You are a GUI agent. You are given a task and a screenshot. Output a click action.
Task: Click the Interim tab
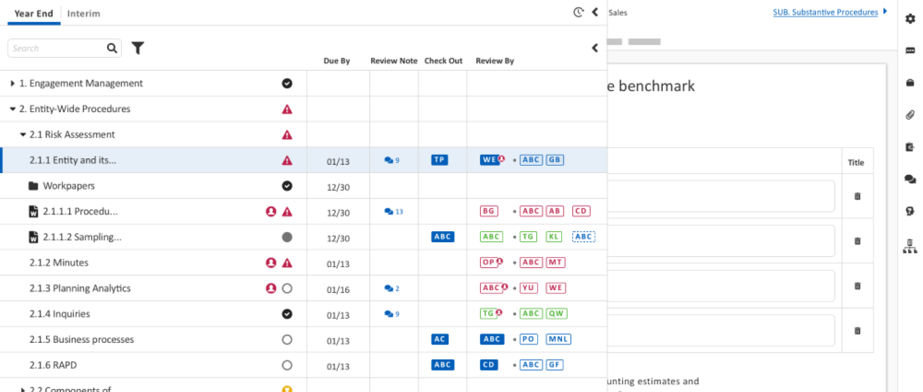tap(83, 14)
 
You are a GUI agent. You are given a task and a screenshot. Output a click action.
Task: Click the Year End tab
tap(34, 14)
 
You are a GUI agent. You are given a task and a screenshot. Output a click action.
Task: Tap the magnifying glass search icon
tap(112, 48)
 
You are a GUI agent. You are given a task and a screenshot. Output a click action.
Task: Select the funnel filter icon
tap(138, 48)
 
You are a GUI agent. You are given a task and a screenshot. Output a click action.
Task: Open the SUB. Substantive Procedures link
tap(825, 12)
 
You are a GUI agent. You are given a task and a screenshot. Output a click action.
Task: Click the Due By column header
tap(336, 61)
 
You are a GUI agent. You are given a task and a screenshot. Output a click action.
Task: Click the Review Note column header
tap(393, 61)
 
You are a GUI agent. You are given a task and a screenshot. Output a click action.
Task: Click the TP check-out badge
tap(439, 160)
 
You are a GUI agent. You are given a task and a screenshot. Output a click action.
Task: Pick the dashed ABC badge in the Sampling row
tap(583, 237)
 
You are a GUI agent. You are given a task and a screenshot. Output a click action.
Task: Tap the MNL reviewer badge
tap(558, 339)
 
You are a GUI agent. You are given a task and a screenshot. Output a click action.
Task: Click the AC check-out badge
tap(439, 339)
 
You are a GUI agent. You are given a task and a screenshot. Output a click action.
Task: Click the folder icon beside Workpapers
tap(33, 186)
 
